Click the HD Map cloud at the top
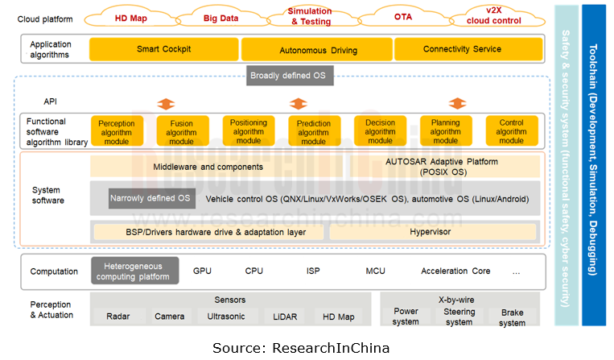click(130, 17)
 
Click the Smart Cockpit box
click(163, 49)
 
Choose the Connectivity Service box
click(462, 49)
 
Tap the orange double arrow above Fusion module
click(166, 104)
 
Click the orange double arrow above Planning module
click(457, 104)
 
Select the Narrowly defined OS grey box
click(151, 198)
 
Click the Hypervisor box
click(431, 232)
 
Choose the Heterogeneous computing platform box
click(134, 271)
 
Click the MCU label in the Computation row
click(375, 271)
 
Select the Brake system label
click(512, 317)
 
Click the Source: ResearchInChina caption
click(301, 348)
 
